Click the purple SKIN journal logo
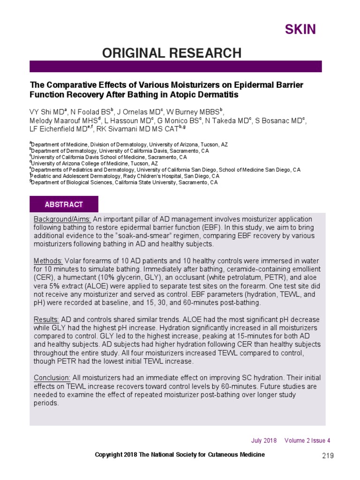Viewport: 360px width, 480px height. click(300, 30)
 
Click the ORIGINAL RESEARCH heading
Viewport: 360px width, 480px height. click(172, 53)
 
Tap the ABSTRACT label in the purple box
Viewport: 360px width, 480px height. click(64, 204)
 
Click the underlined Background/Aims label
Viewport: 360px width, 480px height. click(62, 219)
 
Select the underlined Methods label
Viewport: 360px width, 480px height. click(48, 261)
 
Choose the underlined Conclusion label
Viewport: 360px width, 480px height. click(52, 378)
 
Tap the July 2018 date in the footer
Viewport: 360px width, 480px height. click(264, 441)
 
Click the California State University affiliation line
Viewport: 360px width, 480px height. click(125, 183)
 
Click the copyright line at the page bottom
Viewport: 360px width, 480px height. click(180, 455)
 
